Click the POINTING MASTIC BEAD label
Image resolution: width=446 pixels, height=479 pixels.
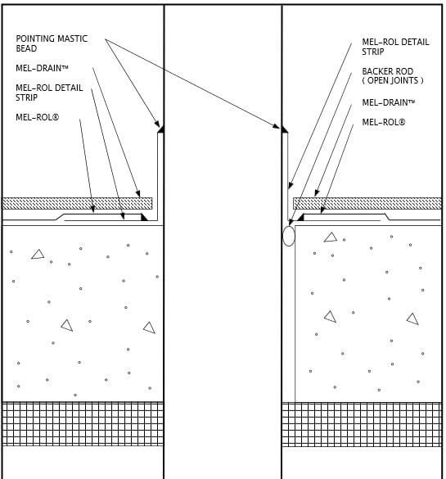pyautogui.click(x=52, y=43)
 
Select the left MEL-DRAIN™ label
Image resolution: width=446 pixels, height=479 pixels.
pyautogui.click(x=42, y=68)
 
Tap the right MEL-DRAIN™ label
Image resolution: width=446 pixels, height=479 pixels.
pyautogui.click(x=388, y=102)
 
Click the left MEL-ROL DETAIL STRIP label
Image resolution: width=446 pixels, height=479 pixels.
pyautogui.click(x=49, y=93)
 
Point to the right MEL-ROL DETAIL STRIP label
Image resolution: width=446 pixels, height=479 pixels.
pyautogui.click(x=395, y=47)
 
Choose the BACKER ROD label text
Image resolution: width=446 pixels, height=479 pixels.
pyautogui.click(x=387, y=71)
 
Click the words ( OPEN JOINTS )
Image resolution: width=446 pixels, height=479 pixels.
pyautogui.click(x=393, y=80)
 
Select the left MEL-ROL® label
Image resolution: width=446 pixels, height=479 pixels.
pyautogui.click(x=38, y=117)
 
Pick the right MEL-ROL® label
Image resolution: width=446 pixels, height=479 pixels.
pyautogui.click(x=384, y=122)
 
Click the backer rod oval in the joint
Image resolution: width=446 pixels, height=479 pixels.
pyautogui.click(x=289, y=236)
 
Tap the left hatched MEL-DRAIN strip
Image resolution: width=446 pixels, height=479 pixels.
pyautogui.click(x=77, y=203)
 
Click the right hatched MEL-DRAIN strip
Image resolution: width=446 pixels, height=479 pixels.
pyautogui.click(x=367, y=203)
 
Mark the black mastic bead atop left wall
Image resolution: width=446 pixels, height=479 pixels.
pyautogui.click(x=161, y=129)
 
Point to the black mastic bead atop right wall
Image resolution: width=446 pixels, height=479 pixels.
pyautogui.click(x=284, y=129)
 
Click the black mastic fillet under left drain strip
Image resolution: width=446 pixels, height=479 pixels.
pyautogui.click(x=144, y=217)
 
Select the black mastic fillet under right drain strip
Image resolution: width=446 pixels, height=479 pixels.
pyautogui.click(x=301, y=217)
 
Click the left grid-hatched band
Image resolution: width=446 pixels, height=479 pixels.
pyautogui.click(x=83, y=423)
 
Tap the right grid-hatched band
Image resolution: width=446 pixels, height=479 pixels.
pyautogui.click(x=362, y=424)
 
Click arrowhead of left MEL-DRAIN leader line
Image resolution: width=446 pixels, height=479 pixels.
pyautogui.click(x=138, y=193)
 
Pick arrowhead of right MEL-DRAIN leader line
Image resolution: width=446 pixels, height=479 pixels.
pyautogui.click(x=317, y=192)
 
